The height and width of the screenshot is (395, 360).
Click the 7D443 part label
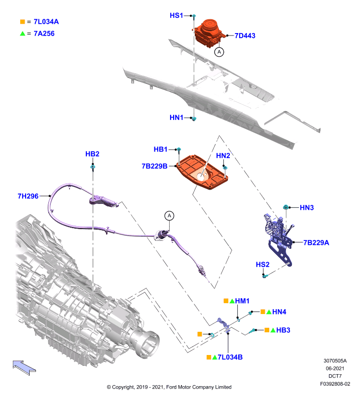pyautogui.click(x=245, y=36)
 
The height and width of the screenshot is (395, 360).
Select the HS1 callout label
pyautogui.click(x=177, y=16)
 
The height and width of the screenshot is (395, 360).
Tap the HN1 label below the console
pyautogui.click(x=177, y=118)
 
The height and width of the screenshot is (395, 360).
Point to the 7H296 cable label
pyautogui.click(x=28, y=196)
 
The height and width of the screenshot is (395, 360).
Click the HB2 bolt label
pyautogui.click(x=92, y=154)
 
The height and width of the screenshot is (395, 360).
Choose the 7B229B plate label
pyautogui.click(x=154, y=166)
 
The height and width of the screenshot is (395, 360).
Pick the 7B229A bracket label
pyautogui.click(x=316, y=242)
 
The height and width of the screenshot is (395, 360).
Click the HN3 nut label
pyautogui.click(x=307, y=207)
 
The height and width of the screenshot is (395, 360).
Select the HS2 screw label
pyautogui.click(x=263, y=265)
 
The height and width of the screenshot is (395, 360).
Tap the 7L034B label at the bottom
pyautogui.click(x=230, y=357)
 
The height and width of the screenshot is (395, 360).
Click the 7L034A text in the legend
pyautogui.click(x=46, y=22)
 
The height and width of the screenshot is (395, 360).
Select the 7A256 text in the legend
pyautogui.click(x=44, y=34)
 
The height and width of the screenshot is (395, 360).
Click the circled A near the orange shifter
pyautogui.click(x=219, y=52)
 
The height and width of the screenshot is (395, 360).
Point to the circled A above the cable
pyautogui.click(x=169, y=216)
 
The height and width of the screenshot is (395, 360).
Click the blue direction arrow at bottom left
pyautogui.click(x=24, y=368)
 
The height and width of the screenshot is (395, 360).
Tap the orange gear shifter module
pyautogui.click(x=208, y=33)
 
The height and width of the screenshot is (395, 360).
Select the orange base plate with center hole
pyautogui.click(x=202, y=172)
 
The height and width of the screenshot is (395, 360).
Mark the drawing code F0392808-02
pyautogui.click(x=335, y=384)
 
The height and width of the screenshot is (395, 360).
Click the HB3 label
pyautogui.click(x=283, y=330)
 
